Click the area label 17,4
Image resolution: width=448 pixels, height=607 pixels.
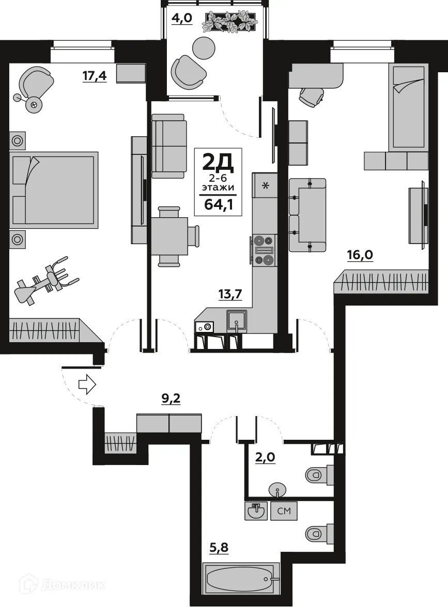click(95, 76)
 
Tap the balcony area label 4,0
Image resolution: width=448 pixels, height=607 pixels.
click(182, 19)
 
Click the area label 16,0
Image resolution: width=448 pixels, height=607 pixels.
click(360, 255)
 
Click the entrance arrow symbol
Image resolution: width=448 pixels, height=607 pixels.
click(86, 384)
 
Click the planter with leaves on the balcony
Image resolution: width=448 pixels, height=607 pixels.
click(229, 22)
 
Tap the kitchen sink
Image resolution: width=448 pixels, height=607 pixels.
click(237, 321)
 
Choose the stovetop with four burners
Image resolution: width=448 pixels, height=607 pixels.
click(264, 250)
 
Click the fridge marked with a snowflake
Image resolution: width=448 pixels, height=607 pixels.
click(265, 185)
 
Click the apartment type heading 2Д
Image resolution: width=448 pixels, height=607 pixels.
click(218, 163)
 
